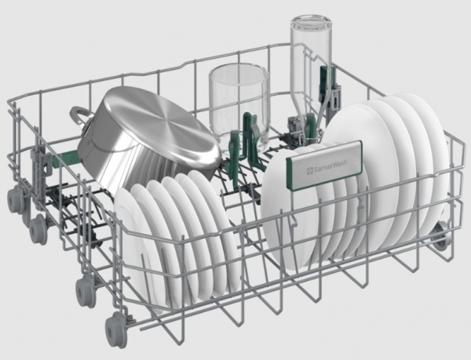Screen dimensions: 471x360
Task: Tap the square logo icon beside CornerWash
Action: (310, 171)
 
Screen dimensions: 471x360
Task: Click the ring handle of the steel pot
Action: (79, 118)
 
